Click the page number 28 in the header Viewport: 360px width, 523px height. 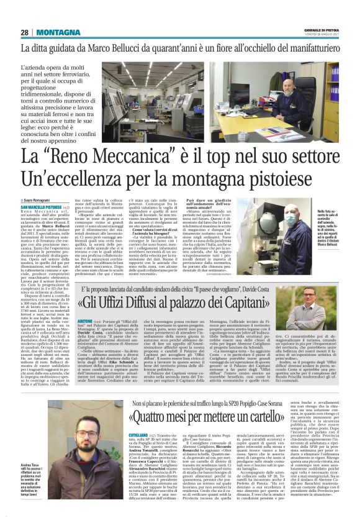24,32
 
